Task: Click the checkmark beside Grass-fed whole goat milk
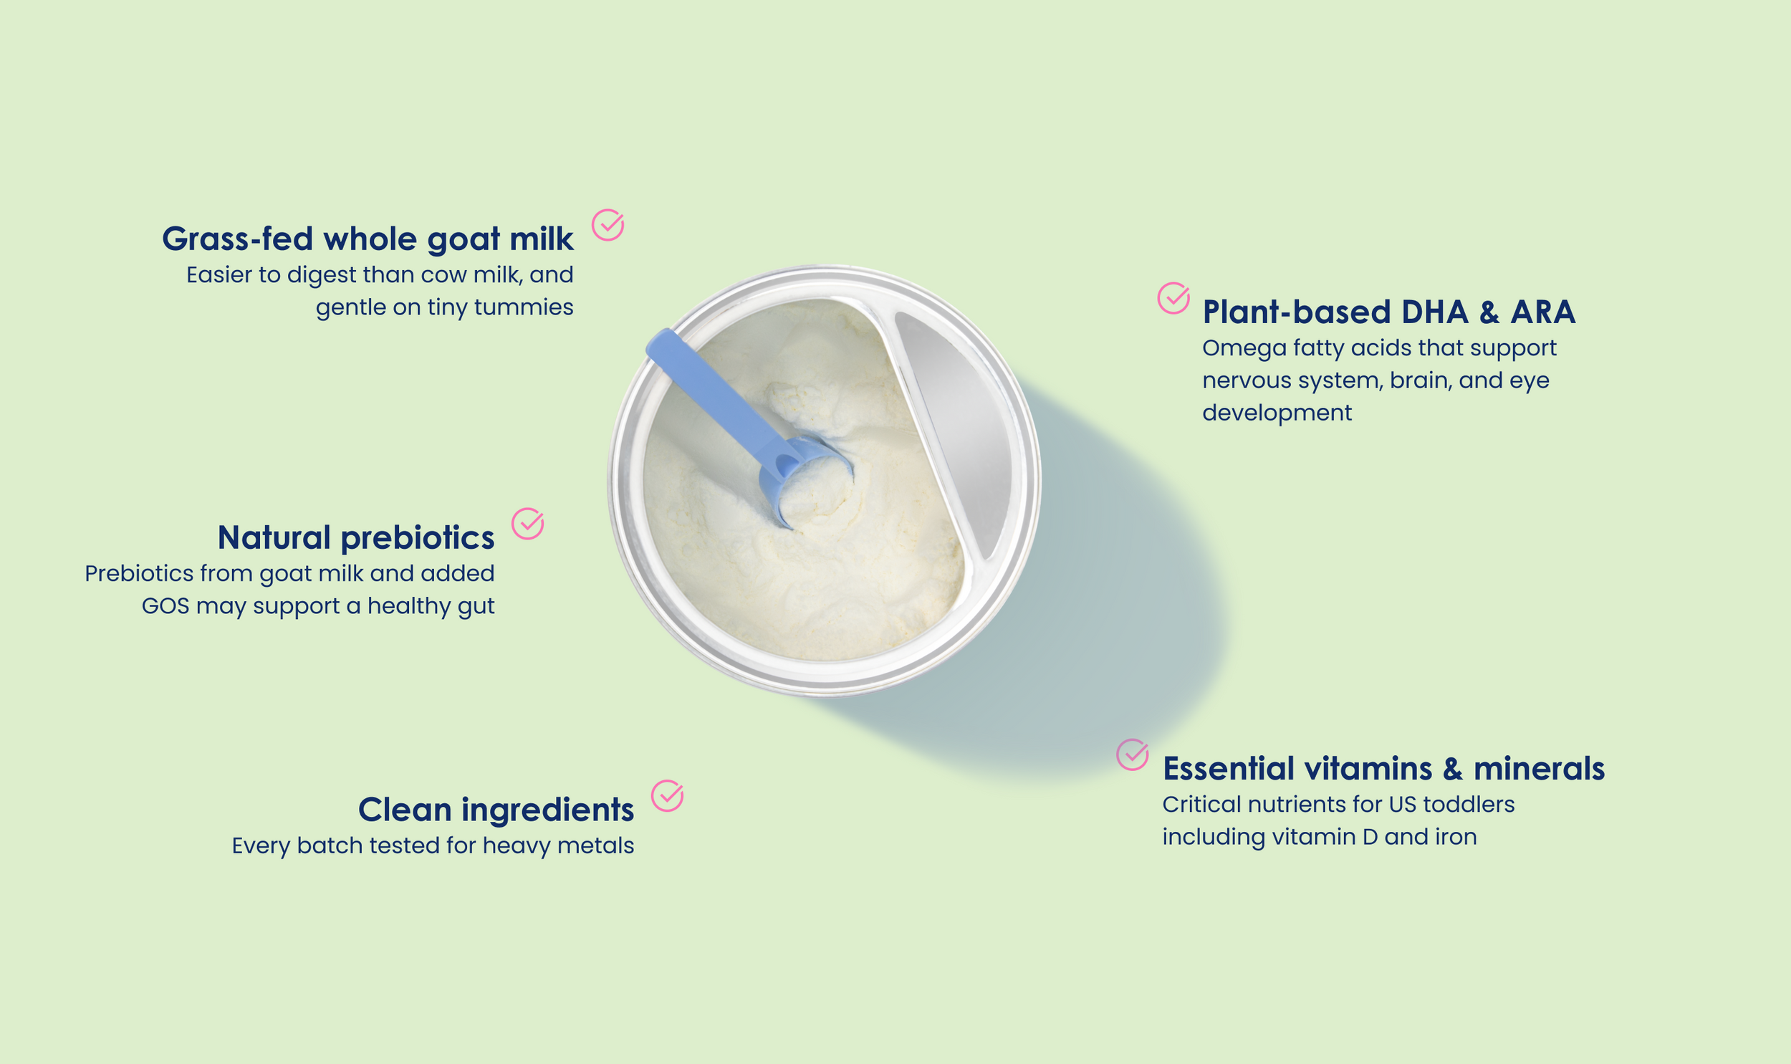pyautogui.click(x=608, y=225)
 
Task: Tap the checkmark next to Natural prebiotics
pyautogui.click(x=527, y=524)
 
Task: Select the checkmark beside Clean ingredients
pyautogui.click(x=667, y=796)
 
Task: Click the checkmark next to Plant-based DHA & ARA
pyautogui.click(x=1174, y=297)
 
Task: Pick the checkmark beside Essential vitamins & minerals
pyautogui.click(x=1133, y=754)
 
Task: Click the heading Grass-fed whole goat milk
pyautogui.click(x=368, y=239)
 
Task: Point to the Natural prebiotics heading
pyautogui.click(x=356, y=538)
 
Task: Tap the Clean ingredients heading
pyautogui.click(x=496, y=810)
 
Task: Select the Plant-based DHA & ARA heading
pyautogui.click(x=1389, y=312)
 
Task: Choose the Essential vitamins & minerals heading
pyautogui.click(x=1384, y=768)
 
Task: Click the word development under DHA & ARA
pyautogui.click(x=1277, y=413)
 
